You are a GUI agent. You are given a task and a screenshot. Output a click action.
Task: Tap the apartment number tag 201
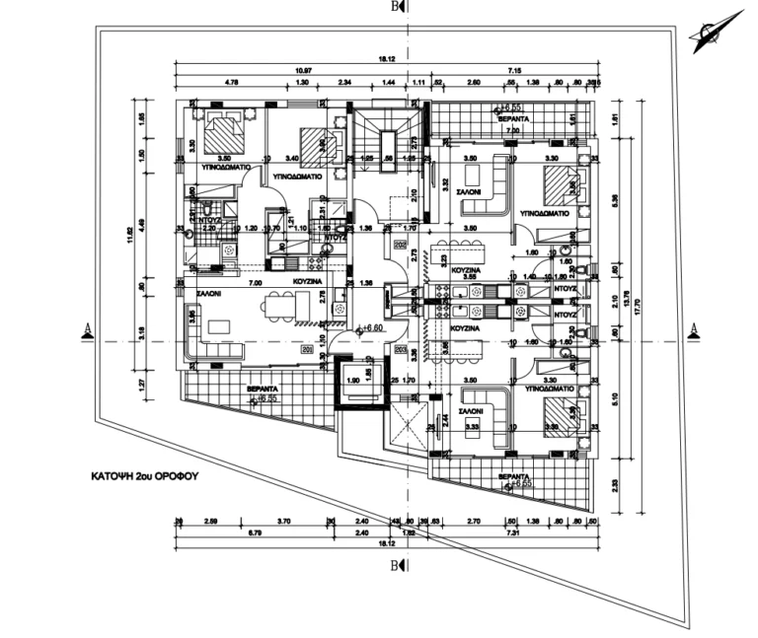click(x=306, y=349)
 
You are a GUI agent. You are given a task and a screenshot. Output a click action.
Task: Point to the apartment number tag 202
click(x=401, y=245)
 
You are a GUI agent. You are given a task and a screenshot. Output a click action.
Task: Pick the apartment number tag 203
click(x=401, y=349)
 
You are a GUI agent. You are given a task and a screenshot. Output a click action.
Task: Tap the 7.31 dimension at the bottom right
click(x=509, y=532)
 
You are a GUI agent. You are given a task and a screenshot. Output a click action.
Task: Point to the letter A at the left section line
click(x=88, y=328)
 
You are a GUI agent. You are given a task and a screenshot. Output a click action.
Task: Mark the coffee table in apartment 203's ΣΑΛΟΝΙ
click(x=472, y=426)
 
